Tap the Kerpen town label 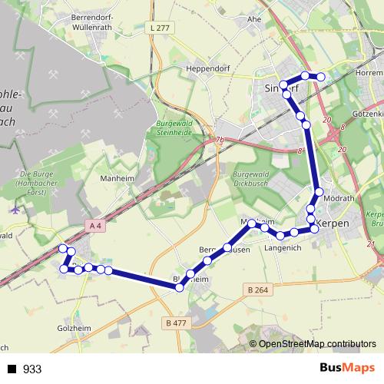[333, 223]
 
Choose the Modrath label [339, 197]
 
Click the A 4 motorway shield [95, 225]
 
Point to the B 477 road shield [175, 323]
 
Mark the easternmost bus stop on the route [322, 77]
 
